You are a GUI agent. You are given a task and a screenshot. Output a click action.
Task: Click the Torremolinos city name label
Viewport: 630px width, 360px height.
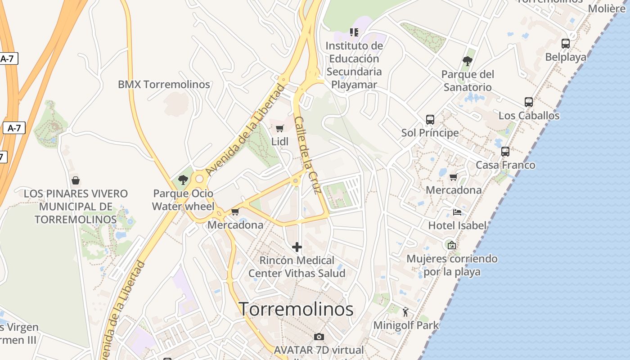pyautogui.click(x=296, y=309)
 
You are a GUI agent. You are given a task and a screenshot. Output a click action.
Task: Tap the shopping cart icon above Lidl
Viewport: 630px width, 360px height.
pyautogui.click(x=279, y=129)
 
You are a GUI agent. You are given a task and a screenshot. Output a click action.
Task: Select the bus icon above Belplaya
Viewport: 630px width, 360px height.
pyautogui.click(x=566, y=44)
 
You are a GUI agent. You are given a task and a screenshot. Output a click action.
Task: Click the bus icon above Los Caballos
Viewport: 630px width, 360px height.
pyautogui.click(x=529, y=102)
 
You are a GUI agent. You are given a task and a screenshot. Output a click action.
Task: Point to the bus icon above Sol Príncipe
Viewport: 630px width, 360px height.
pyautogui.click(x=430, y=120)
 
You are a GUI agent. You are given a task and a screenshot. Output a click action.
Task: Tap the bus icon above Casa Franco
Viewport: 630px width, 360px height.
pyautogui.click(x=505, y=152)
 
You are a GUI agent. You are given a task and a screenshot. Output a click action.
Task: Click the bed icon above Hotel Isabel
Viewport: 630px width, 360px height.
pyautogui.click(x=457, y=212)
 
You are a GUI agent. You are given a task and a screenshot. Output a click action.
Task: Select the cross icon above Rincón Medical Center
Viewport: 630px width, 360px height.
pyautogui.click(x=297, y=247)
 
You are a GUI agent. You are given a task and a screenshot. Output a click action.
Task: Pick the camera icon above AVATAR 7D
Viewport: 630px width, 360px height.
pyautogui.click(x=319, y=337)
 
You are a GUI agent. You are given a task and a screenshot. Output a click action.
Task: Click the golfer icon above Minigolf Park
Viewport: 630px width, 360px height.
pyautogui.click(x=405, y=311)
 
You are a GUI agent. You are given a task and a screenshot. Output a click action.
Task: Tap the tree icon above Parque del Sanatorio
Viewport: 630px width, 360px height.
pyautogui.click(x=468, y=61)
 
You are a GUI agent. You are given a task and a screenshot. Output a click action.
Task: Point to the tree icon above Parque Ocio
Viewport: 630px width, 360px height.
pyautogui.click(x=183, y=180)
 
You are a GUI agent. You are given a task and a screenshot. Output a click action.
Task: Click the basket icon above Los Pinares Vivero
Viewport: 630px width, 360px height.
pyautogui.click(x=76, y=180)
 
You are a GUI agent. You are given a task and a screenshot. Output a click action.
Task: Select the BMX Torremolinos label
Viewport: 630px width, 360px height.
pyautogui.click(x=164, y=84)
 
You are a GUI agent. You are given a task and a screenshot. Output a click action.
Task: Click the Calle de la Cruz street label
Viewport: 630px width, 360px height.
pyautogui.click(x=307, y=155)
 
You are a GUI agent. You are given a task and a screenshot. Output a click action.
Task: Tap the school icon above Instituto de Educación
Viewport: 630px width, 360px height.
pyautogui.click(x=354, y=32)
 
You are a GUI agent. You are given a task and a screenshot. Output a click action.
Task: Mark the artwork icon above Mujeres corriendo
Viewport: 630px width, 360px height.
pyautogui.click(x=452, y=245)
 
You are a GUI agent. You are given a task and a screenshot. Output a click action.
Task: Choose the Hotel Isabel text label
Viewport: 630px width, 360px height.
pyautogui.click(x=457, y=225)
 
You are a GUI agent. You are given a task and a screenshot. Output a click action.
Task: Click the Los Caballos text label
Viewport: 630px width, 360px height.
pyautogui.click(x=529, y=116)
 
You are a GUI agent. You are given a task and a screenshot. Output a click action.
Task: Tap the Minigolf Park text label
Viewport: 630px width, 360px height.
pyautogui.click(x=406, y=325)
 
